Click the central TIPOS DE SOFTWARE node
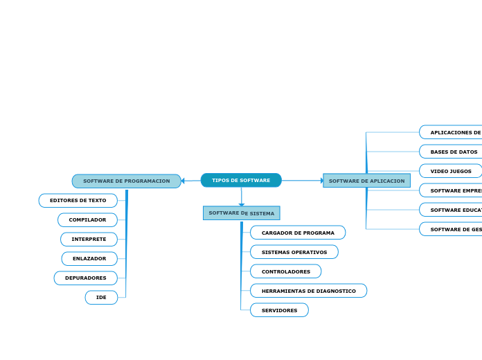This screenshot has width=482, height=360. (241, 181)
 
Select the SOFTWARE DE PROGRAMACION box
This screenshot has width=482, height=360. (126, 181)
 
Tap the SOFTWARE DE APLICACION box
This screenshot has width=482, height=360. (366, 181)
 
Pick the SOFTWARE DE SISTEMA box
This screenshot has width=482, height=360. (241, 213)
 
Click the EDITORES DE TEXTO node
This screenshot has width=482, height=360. (78, 201)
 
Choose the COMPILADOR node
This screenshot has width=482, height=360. (87, 220)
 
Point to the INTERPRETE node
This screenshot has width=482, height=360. (89, 240)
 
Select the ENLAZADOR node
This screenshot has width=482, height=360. (89, 259)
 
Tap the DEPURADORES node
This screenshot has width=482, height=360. (86, 278)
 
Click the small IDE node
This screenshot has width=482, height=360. (101, 298)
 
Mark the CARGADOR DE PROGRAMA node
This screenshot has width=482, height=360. (298, 233)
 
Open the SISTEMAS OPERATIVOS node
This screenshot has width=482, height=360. (294, 252)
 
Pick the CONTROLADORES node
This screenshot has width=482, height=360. (285, 271)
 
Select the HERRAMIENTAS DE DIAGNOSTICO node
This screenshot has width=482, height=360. (308, 291)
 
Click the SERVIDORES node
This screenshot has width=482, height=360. (279, 310)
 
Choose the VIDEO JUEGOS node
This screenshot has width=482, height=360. (451, 171)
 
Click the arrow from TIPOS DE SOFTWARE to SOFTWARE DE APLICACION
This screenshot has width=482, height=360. (301, 181)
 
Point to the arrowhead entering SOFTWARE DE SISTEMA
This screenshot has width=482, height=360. (241, 204)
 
